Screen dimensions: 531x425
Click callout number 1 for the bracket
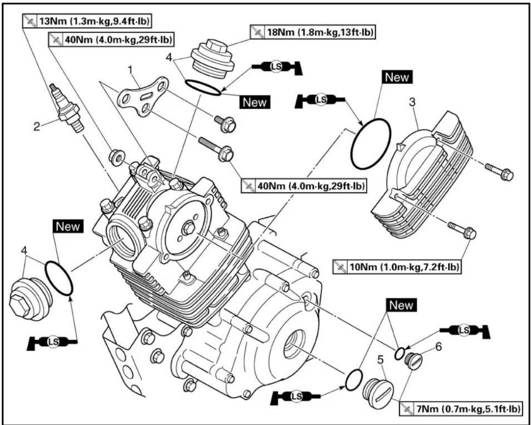click(130, 71)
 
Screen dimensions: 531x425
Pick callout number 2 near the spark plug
click(37, 127)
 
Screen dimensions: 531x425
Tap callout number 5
click(380, 360)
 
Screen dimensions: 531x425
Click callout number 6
click(438, 347)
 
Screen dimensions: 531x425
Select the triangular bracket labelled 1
click(143, 97)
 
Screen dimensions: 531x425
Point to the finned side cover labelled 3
click(423, 175)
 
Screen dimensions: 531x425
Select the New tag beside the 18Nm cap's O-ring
click(255, 102)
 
